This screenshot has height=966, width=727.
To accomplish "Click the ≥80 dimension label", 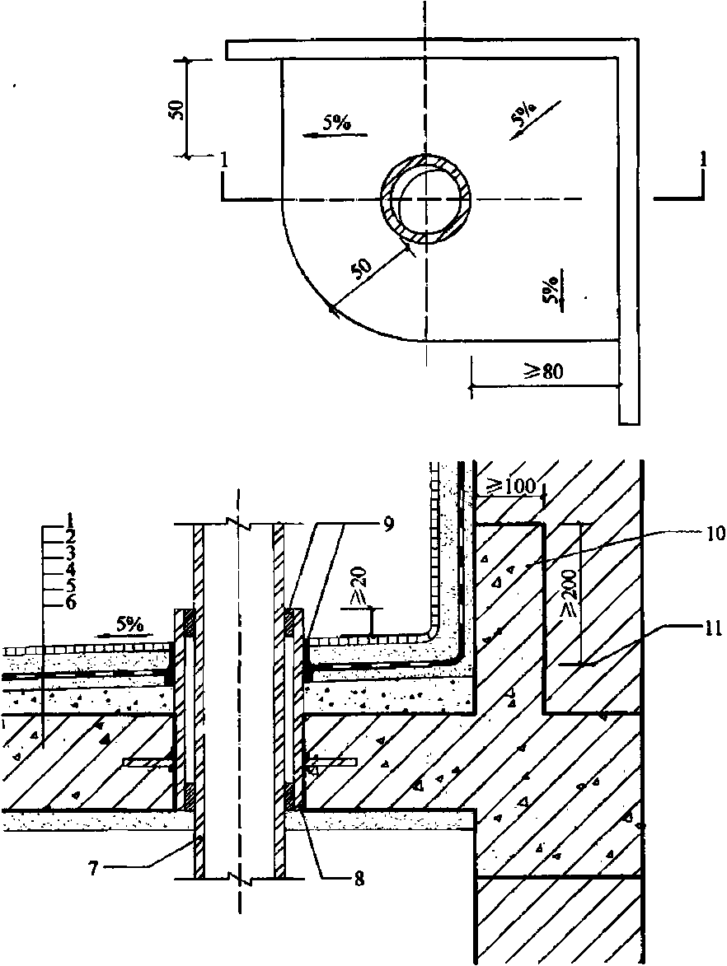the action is [543, 371].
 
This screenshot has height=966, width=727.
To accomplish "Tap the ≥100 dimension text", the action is [513, 485].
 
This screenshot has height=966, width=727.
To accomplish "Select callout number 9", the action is [388, 524].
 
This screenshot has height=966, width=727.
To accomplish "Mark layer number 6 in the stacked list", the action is [71, 602].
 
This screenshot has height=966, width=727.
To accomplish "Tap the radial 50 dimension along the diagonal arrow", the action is [361, 268].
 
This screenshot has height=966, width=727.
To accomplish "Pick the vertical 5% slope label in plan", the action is [551, 290].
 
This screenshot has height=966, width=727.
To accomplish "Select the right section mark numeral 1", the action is [704, 161].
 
